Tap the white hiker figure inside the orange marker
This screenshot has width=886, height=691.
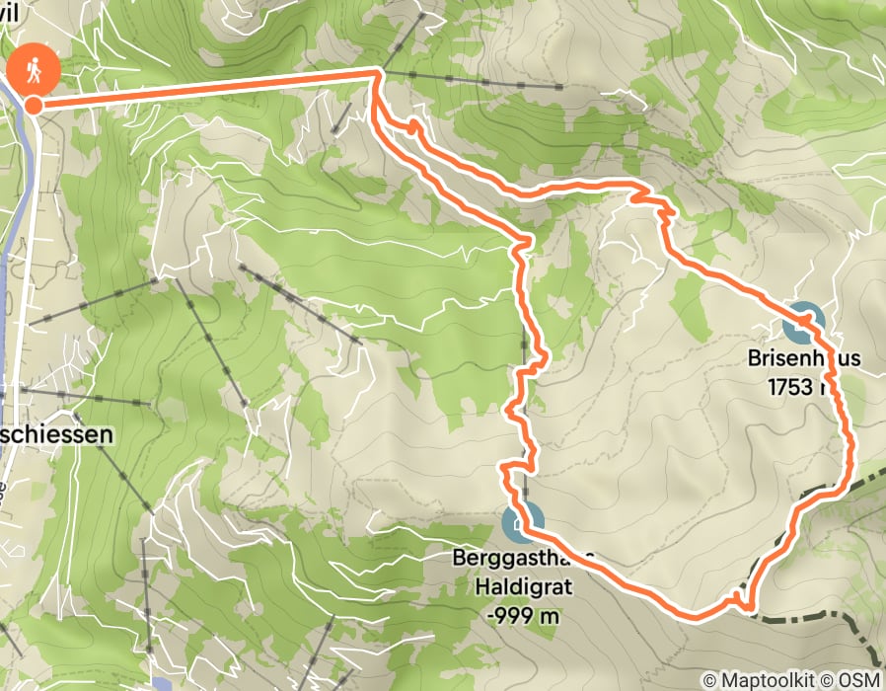tap(33, 68)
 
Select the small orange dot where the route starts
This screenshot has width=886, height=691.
tap(34, 105)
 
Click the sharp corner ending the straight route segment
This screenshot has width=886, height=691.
tap(375, 71)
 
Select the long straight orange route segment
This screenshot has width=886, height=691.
tap(207, 87)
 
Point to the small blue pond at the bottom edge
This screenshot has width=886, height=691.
tap(162, 682)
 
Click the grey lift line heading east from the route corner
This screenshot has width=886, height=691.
tap(474, 80)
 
